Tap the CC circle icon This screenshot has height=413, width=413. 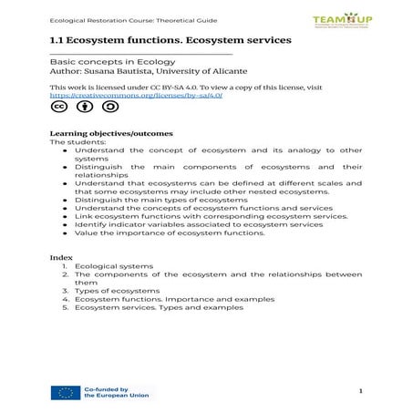pyautogui.click(x=58, y=108)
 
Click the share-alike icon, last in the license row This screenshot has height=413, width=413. pyautogui.click(x=109, y=108)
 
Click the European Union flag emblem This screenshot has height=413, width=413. pyautogui.click(x=66, y=393)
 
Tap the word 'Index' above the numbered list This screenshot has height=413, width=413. pyautogui.click(x=60, y=257)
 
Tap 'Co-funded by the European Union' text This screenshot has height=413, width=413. pyautogui.click(x=119, y=393)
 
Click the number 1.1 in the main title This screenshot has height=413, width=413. pyautogui.click(x=57, y=42)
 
